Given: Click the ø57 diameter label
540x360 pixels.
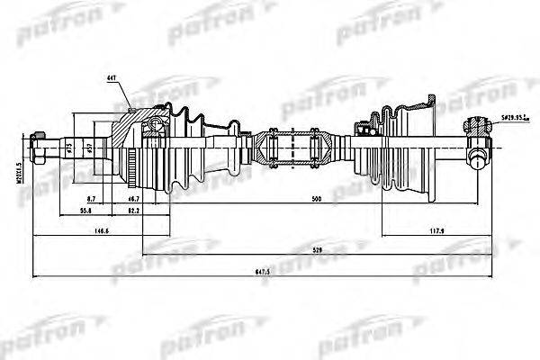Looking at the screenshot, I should pos(87,148).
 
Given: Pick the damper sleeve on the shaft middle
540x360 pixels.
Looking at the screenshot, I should pos(292,148).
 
